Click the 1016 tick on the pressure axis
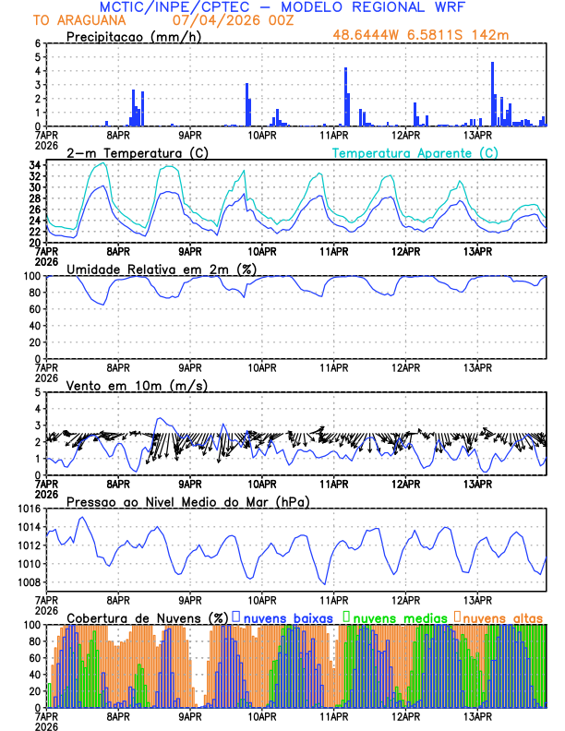coord(30,509)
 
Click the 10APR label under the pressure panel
coord(262,598)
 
